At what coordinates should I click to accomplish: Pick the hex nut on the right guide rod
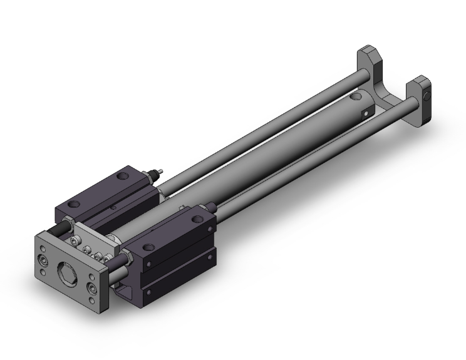point(128,257)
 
